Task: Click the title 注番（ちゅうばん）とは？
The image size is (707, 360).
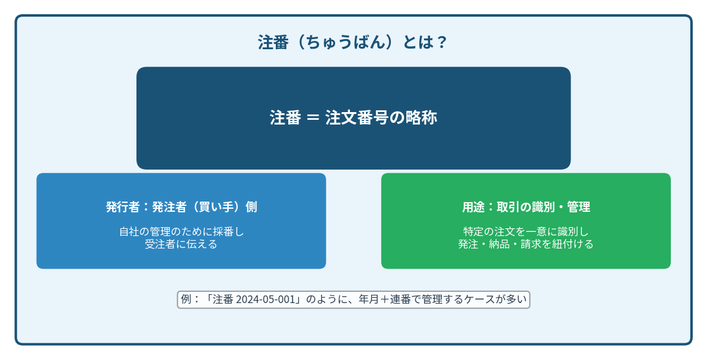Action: pos(352,43)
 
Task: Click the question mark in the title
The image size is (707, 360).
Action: pos(441,43)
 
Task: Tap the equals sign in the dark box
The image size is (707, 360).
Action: pos(313,118)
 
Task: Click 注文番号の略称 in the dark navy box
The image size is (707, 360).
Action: pos(381,118)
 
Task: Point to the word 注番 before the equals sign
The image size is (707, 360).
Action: pos(285,118)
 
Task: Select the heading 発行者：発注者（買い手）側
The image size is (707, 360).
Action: pos(181,206)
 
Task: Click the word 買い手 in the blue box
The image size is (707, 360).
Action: pos(216,206)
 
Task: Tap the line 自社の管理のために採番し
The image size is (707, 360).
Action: pos(181,231)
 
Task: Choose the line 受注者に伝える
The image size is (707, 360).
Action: pos(181,244)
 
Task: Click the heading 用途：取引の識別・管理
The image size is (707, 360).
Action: pos(526,206)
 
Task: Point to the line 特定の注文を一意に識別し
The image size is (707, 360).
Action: pos(526,231)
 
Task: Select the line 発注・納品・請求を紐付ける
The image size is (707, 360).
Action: pos(526,244)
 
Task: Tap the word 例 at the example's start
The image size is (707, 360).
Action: pos(186,300)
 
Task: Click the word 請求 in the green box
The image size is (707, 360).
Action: pos(531,244)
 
